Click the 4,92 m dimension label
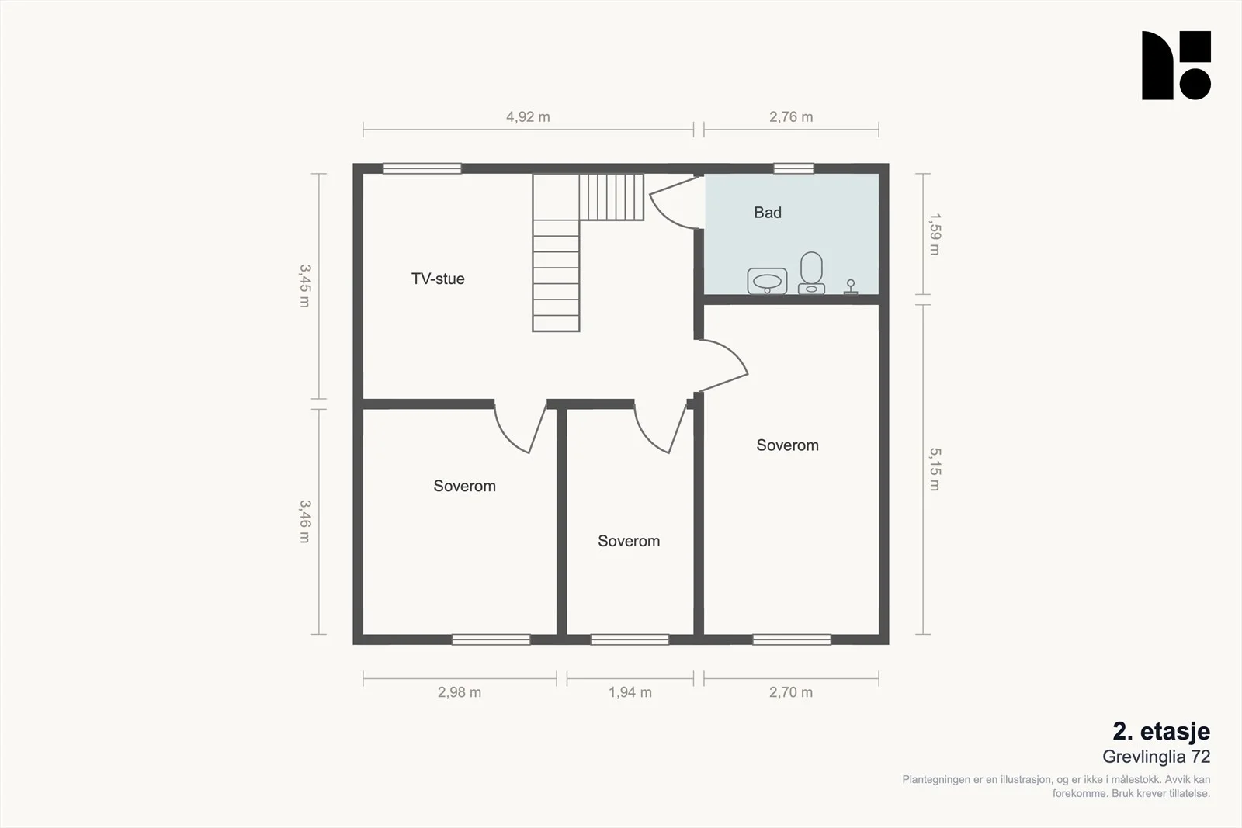coord(528,117)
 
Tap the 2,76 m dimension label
coord(791,117)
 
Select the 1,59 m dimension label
coord(935,234)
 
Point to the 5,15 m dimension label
coord(935,469)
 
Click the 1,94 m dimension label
coord(630,692)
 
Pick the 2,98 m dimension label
coord(460,692)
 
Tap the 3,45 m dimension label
coord(305,286)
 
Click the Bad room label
coord(768,213)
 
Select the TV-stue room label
coord(438,279)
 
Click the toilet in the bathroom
coord(811,272)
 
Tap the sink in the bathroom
coord(768,281)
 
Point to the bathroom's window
coord(793,168)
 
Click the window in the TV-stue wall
coord(422,168)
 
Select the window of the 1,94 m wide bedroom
coord(630,639)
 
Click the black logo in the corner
coord(1176,65)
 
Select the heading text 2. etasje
coord(1161,732)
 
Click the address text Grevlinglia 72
coord(1156,757)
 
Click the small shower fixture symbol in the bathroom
coord(851,286)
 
